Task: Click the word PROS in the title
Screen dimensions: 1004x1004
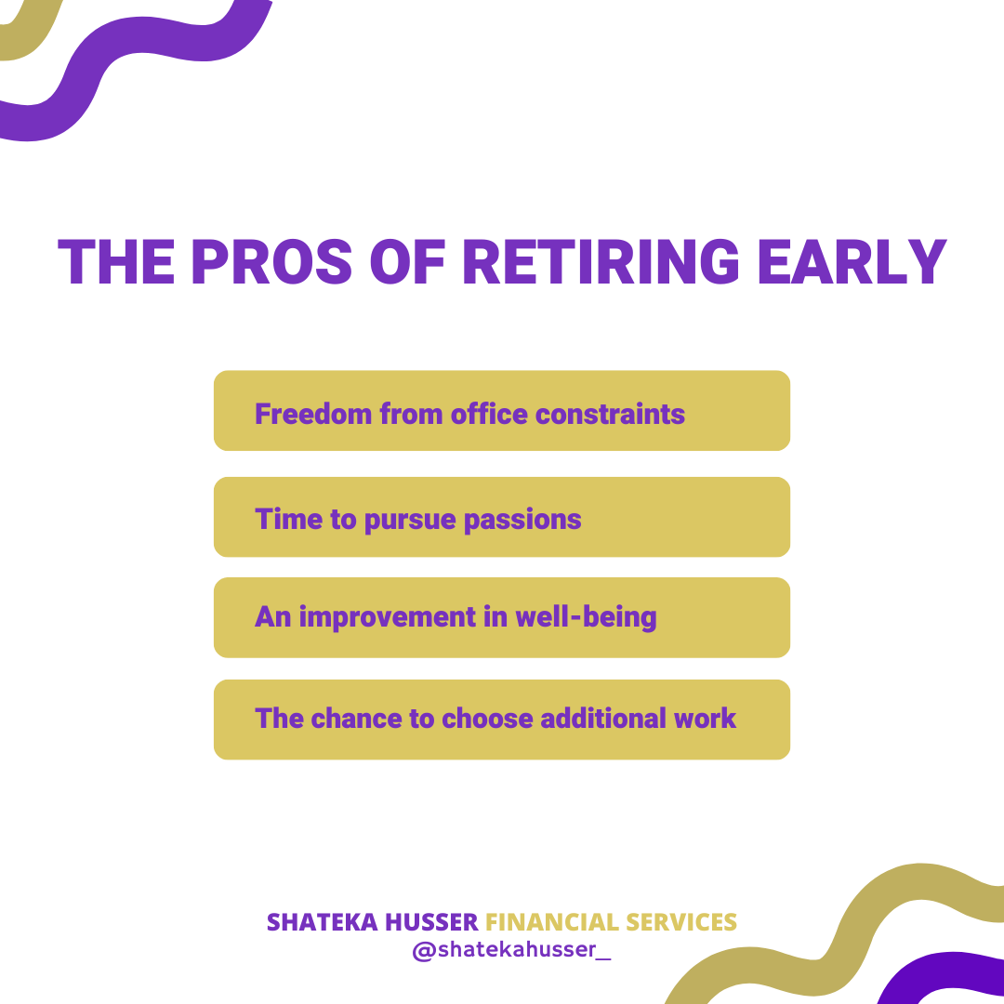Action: coord(271,262)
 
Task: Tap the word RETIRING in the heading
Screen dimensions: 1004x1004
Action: coord(601,262)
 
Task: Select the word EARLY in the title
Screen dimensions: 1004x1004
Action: coord(852,262)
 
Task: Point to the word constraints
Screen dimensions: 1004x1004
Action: coord(610,415)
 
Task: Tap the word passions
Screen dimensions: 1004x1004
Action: coord(522,521)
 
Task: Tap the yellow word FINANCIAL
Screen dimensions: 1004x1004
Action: coord(552,922)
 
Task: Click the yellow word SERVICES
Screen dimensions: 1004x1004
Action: coord(681,922)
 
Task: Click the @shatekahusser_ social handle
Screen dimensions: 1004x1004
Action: coord(511,949)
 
